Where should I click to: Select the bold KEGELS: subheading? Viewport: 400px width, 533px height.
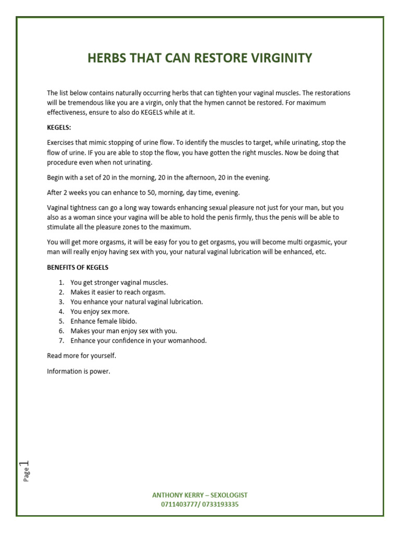(x=58, y=127)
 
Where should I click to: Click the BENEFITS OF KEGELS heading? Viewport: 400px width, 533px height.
(x=78, y=268)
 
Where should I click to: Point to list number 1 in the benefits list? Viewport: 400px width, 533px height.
(x=61, y=282)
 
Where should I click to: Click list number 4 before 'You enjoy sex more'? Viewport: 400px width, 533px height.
(x=61, y=311)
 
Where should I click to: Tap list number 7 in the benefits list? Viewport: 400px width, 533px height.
(x=61, y=340)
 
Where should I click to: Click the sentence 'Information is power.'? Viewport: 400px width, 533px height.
(x=79, y=371)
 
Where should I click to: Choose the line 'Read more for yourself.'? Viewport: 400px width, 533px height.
(x=82, y=356)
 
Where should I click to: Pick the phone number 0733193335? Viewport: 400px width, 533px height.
(x=221, y=504)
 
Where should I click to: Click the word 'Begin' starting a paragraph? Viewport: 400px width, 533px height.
(x=56, y=177)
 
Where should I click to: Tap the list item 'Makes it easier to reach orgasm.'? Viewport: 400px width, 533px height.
(x=118, y=292)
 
